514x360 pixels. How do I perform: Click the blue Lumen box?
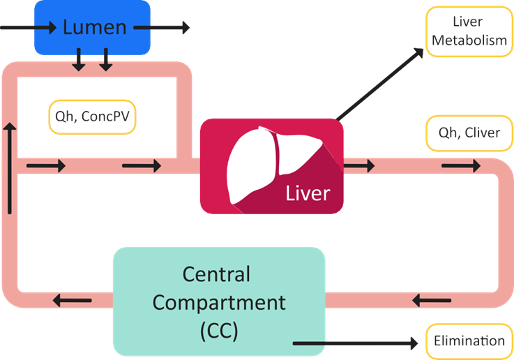(93, 28)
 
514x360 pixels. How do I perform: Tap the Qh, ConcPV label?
(91, 116)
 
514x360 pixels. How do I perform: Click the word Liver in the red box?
(307, 193)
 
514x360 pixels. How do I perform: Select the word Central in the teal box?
(218, 274)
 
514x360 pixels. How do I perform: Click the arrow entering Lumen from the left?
(28, 28)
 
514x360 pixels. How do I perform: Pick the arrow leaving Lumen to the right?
(161, 28)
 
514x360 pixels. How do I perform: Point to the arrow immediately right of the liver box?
(360, 166)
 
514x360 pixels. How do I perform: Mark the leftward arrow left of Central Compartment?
(73, 301)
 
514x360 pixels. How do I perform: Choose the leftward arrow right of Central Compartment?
(432, 301)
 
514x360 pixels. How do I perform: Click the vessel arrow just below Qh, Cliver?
(461, 166)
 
